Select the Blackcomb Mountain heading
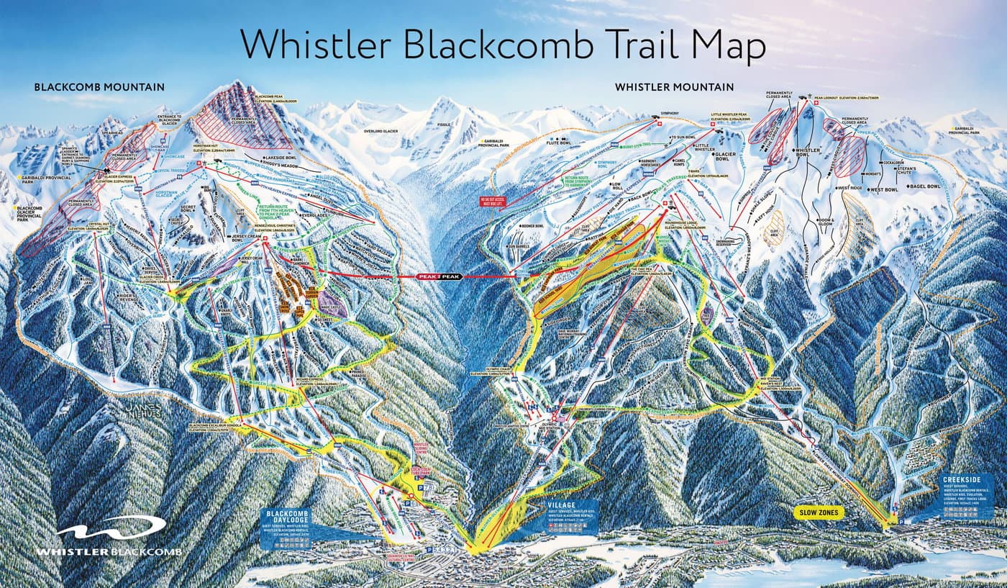point(99,87)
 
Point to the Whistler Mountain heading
point(674,87)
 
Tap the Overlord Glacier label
point(381,132)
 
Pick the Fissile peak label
point(444,125)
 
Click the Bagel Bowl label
point(925,186)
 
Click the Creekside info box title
point(961,478)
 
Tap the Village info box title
point(561,505)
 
